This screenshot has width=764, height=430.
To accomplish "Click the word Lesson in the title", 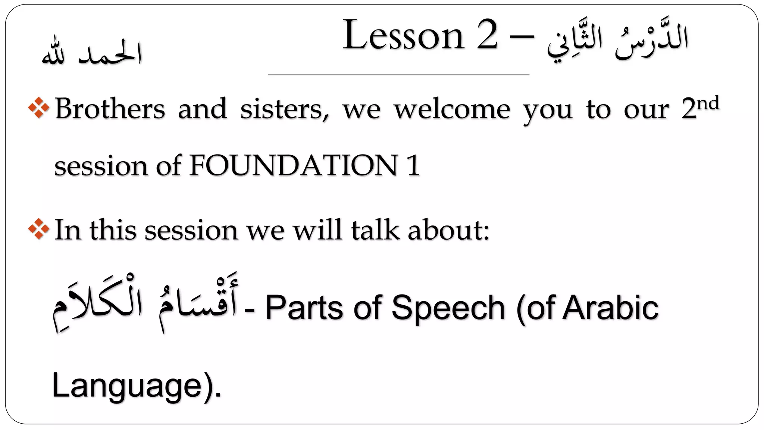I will coord(403,36).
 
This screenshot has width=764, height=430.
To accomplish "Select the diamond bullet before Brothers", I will coord(39,109).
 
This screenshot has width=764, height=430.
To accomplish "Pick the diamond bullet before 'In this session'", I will coord(39,229).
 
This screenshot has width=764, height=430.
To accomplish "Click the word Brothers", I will coord(110,109).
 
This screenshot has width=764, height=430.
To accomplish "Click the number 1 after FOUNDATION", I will coord(413,165).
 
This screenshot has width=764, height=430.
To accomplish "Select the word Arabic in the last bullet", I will coord(610,308).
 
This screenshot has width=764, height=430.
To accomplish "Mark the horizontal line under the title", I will coord(398,75).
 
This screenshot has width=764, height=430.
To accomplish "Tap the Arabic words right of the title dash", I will coord(617,41).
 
